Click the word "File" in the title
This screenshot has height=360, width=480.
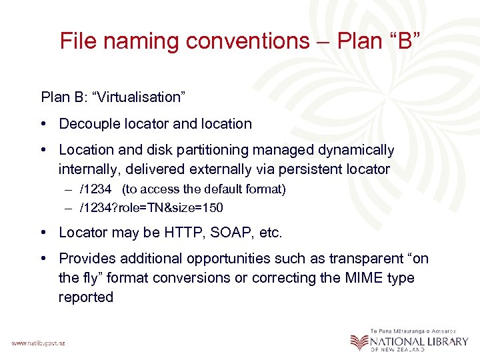pos(77,41)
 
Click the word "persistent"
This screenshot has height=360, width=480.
pos(315,169)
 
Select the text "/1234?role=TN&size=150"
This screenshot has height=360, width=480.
pos(151,207)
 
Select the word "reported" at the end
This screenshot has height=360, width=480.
pos(85,297)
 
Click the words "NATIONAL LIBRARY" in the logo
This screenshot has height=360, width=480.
pos(413,341)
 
